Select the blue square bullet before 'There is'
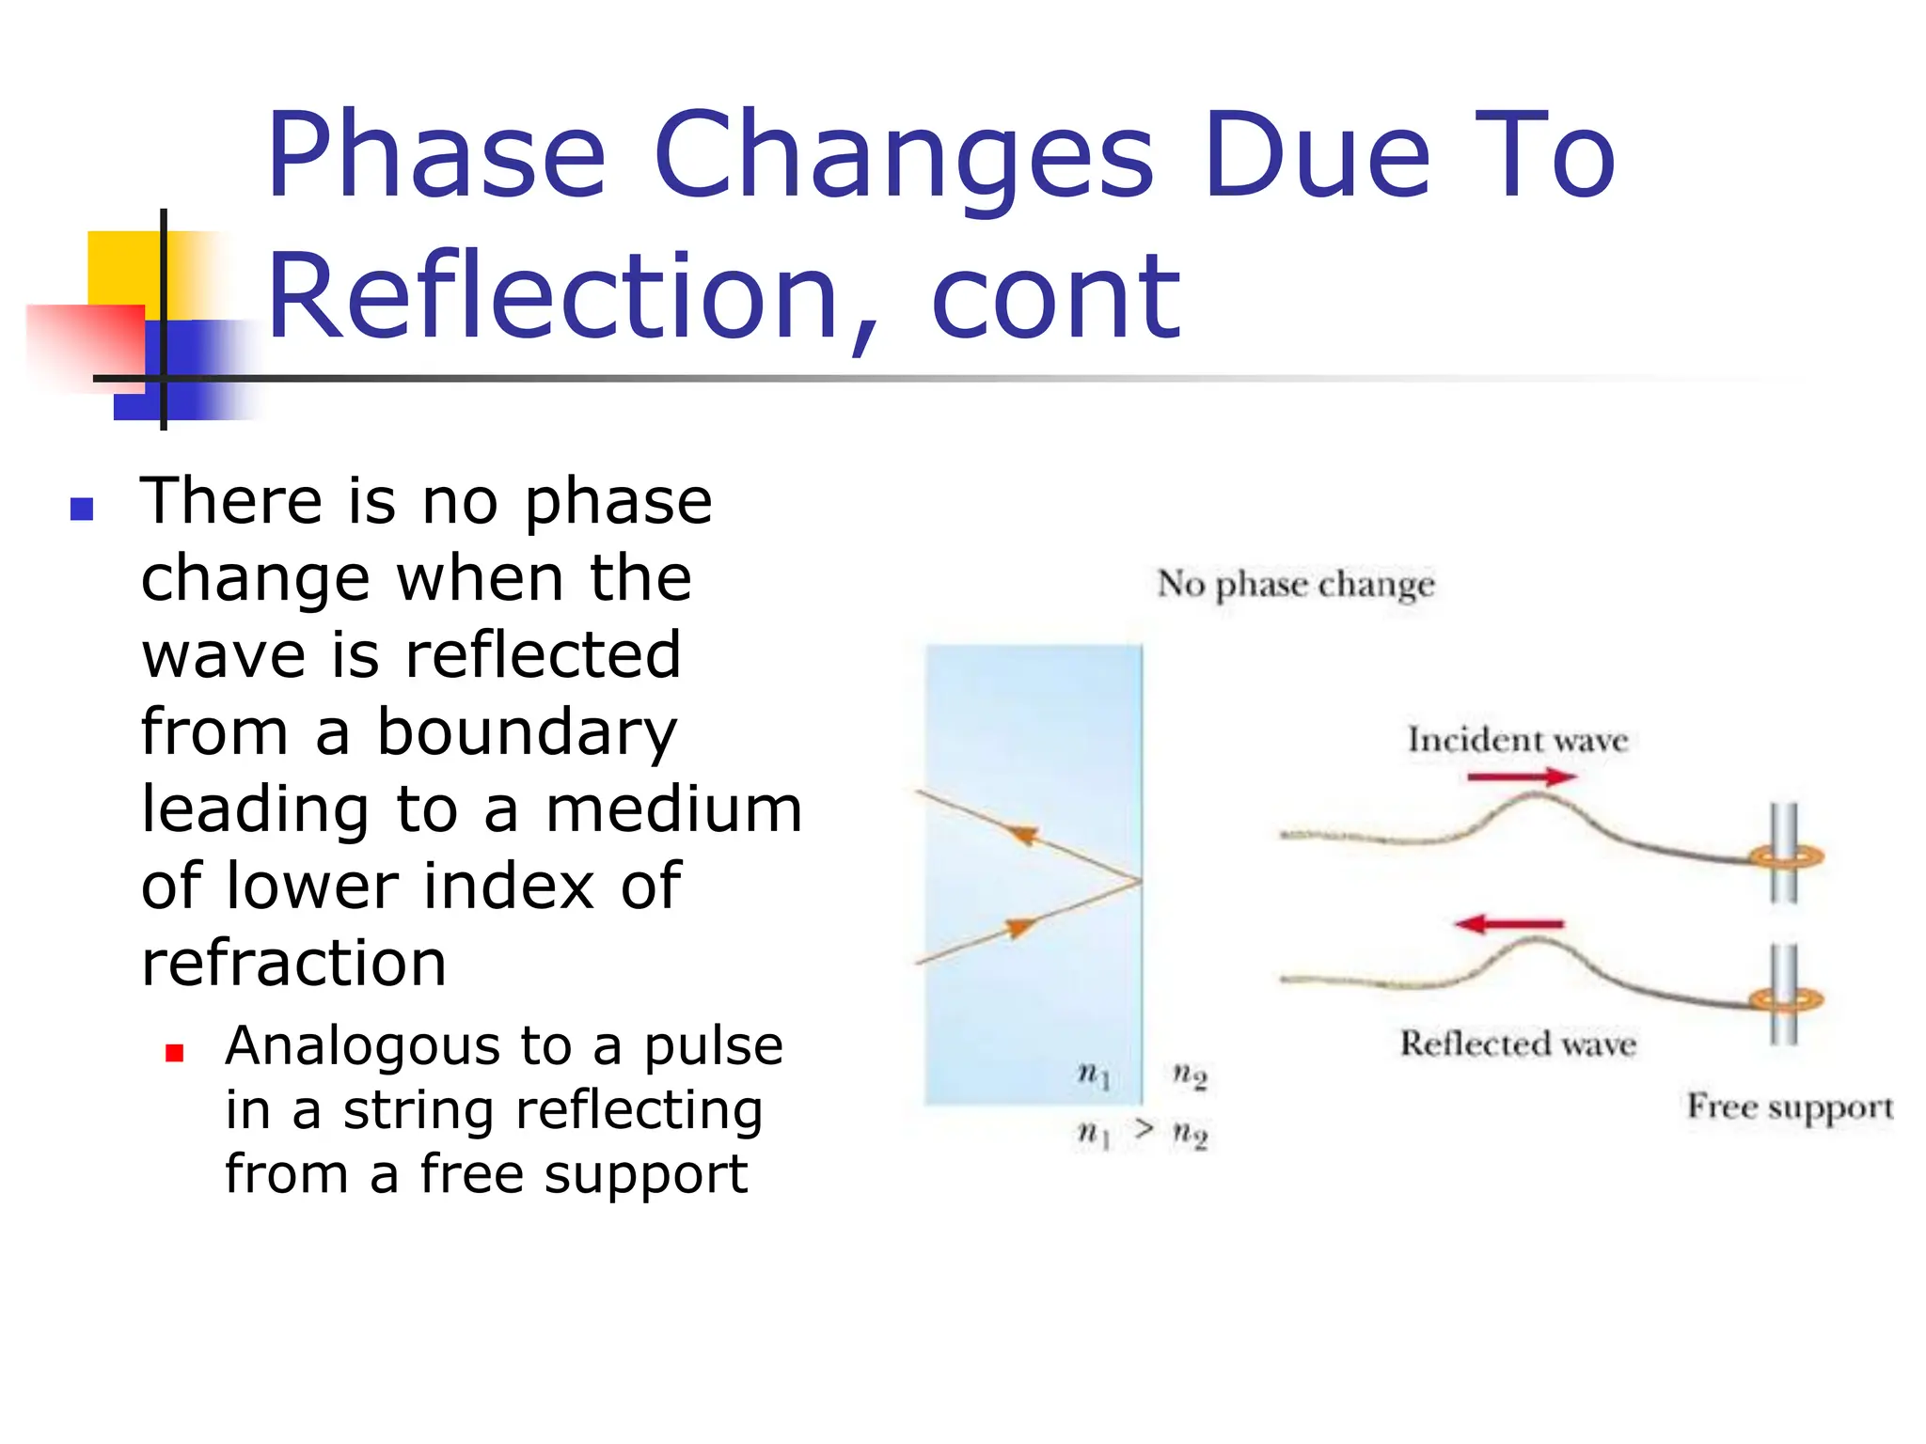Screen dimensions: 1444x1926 pos(82,509)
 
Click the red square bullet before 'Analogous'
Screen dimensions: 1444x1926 pos(174,1052)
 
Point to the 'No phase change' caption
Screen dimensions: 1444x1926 pos(1295,585)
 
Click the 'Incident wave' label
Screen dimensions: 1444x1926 pos(1517,740)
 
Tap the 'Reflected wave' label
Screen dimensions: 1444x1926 pos(1517,1044)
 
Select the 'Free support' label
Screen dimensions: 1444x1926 pos(1789,1107)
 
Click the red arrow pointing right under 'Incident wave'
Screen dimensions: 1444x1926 pos(1522,777)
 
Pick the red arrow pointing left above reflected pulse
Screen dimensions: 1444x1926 pos(1508,924)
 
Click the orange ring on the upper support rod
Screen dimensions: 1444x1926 pos(1786,856)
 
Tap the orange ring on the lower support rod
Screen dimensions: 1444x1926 pos(1786,998)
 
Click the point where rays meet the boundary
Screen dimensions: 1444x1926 pos(1140,881)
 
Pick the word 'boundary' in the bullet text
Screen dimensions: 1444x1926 pos(527,733)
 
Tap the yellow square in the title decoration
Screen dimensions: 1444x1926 pos(122,268)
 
